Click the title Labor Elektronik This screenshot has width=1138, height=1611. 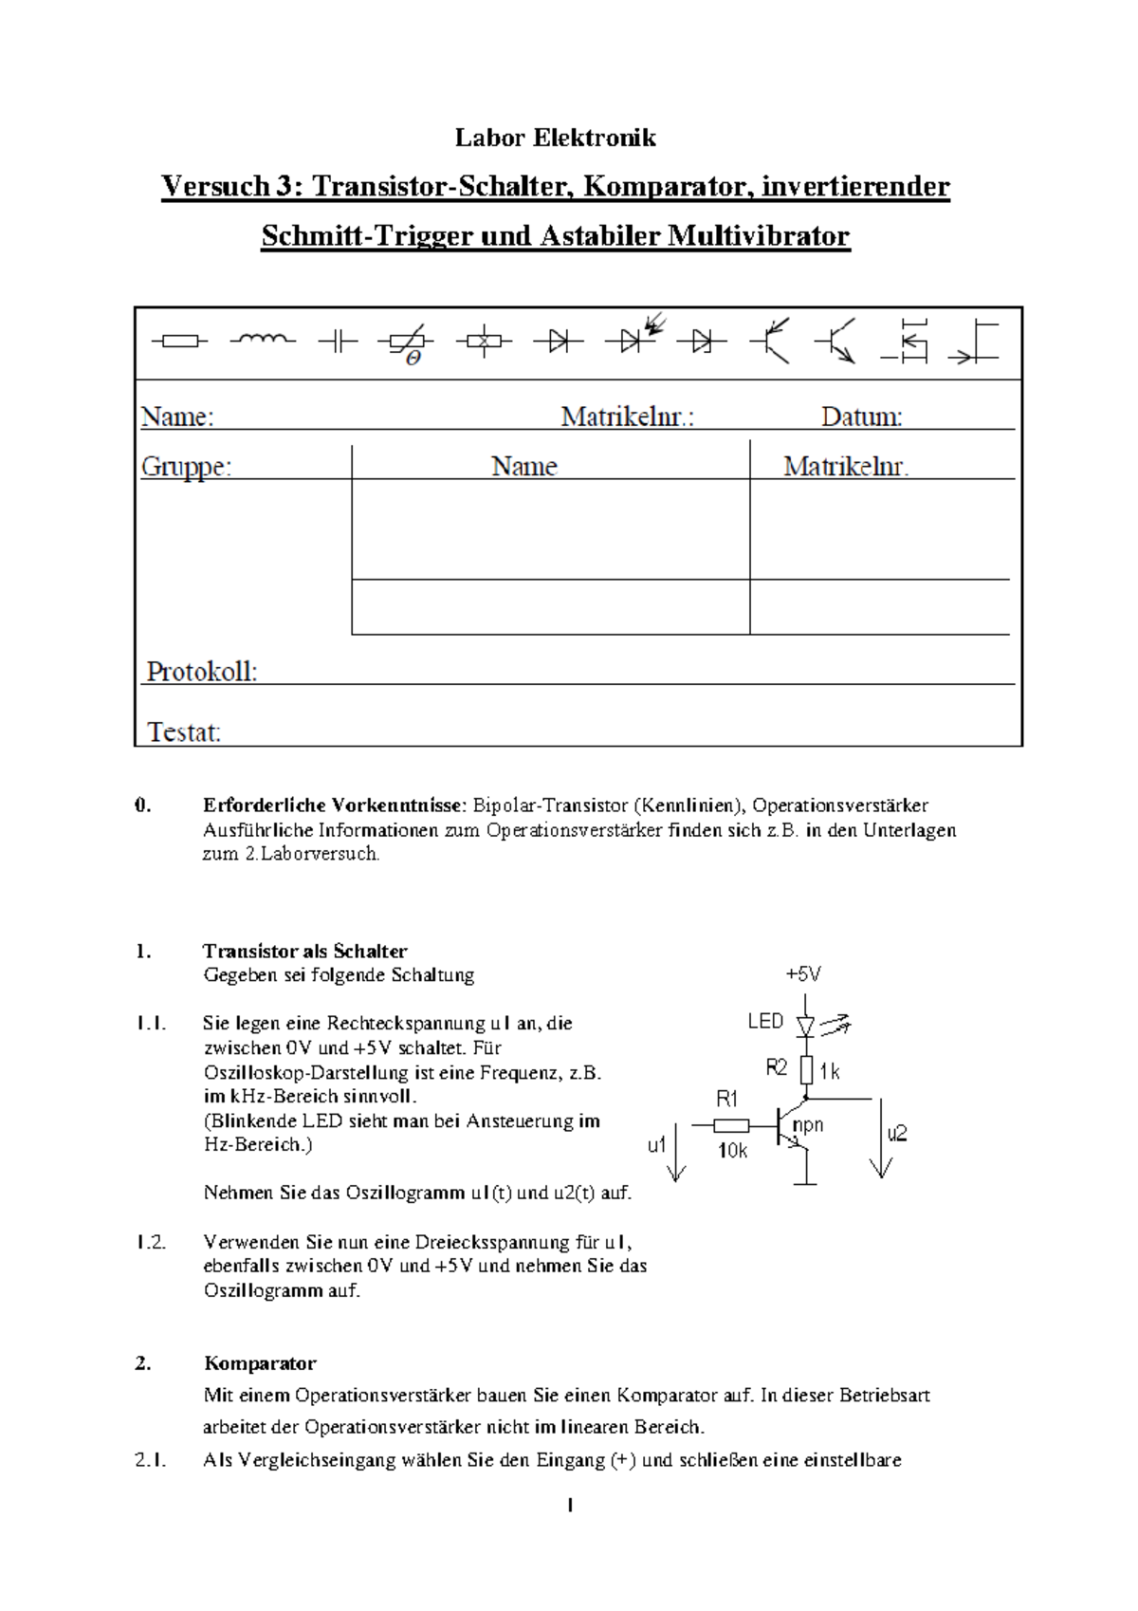[x=555, y=139]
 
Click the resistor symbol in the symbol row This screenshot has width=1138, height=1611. [x=178, y=341]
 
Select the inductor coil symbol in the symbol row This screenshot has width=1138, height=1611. [x=263, y=339]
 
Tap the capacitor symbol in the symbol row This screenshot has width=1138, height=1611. [x=337, y=342]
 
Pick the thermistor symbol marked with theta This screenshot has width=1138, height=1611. [x=407, y=343]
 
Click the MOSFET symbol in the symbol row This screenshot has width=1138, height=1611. [x=908, y=341]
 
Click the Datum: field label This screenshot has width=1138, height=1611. [x=861, y=417]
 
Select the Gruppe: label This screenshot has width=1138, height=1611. [x=186, y=467]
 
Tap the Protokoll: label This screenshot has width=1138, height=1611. [x=201, y=672]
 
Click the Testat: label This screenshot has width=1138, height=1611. [x=184, y=731]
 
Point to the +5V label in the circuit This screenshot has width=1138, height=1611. [x=803, y=974]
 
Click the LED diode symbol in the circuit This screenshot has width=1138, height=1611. [x=806, y=1025]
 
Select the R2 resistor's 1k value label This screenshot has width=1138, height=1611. [x=830, y=1072]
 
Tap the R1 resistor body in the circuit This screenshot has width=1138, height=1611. [x=730, y=1126]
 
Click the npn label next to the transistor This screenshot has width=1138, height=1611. [x=808, y=1125]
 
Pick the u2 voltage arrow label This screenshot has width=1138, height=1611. [x=897, y=1134]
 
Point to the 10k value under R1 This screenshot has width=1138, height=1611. [x=732, y=1151]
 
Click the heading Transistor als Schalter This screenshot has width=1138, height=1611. [x=304, y=951]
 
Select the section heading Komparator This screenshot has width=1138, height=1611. [x=260, y=1363]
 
